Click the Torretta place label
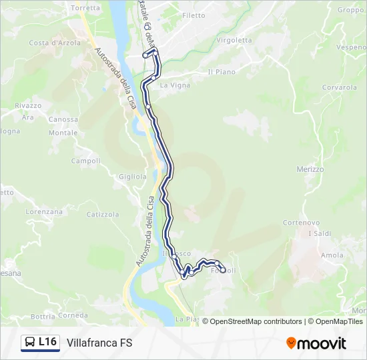(85, 8)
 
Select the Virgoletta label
(235, 40)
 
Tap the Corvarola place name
(340, 87)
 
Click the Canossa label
(63, 120)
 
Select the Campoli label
(85, 161)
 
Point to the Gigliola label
(132, 177)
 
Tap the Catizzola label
(103, 215)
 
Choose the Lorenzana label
(44, 211)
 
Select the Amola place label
(332, 255)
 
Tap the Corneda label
(73, 315)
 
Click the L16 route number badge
(41, 343)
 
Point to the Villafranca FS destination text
(99, 343)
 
